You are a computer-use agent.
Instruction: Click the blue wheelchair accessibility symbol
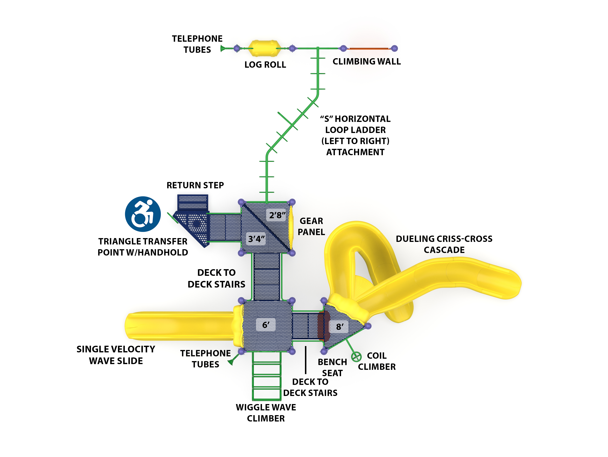coord(143,214)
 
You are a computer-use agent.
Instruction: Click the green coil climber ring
coord(356,357)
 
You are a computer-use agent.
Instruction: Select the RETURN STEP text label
coord(195,185)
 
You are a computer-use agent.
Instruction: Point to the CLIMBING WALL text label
coord(366,61)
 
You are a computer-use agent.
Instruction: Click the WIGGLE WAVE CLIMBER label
coord(266,413)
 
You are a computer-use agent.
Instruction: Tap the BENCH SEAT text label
coord(332,367)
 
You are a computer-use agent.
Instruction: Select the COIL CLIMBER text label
coord(377,361)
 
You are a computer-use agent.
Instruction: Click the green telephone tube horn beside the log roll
coord(223,49)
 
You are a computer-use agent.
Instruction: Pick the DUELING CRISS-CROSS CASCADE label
coord(444,244)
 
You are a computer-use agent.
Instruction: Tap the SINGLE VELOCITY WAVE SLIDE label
coord(116,355)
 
